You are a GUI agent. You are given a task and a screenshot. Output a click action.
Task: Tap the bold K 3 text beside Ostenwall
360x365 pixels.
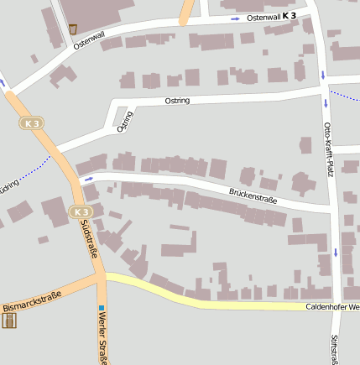290,16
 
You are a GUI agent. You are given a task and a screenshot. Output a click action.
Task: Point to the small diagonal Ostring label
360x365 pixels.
124,122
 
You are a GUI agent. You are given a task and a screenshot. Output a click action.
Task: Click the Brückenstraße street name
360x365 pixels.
253,199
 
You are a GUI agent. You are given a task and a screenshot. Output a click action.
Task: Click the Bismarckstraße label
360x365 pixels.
33,301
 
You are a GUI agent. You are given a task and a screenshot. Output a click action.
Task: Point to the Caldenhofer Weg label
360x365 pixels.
331,307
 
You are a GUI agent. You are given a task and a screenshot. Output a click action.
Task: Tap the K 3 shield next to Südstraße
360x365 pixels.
79,211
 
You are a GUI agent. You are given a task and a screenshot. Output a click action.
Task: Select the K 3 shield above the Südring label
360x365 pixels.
32,123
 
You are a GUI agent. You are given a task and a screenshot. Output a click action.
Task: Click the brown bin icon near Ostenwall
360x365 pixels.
73,29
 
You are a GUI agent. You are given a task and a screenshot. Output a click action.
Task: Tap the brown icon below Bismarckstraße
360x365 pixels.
9,320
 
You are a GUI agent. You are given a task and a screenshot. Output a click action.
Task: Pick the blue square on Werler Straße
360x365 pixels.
101,308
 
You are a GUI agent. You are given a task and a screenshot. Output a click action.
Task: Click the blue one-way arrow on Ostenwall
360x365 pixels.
235,18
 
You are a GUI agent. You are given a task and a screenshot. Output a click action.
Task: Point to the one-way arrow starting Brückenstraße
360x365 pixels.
88,179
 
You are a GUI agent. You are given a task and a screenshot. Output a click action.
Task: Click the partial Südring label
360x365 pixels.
8,187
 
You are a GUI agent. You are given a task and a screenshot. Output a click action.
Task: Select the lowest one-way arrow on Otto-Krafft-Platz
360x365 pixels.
336,252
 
